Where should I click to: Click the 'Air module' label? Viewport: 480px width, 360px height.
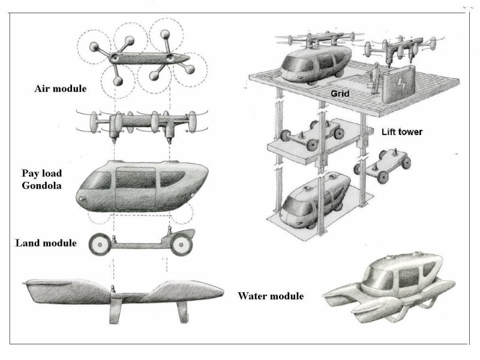point(61,89)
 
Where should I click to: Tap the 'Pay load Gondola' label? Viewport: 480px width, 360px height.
point(41,179)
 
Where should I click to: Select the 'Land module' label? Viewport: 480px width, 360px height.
point(46,243)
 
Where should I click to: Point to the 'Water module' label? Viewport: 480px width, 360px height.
point(271,296)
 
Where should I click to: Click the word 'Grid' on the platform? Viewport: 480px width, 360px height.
point(340,94)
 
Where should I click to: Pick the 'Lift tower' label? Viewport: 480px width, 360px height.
point(402,132)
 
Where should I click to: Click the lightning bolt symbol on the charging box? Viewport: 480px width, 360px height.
point(400,83)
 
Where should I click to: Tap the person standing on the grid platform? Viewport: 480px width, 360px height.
point(374,78)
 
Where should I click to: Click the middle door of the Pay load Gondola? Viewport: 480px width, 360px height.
point(136,187)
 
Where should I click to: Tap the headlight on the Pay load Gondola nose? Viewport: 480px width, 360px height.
point(82,199)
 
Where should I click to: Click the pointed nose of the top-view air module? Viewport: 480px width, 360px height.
point(187,58)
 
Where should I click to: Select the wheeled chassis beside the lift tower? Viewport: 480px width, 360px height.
point(382,166)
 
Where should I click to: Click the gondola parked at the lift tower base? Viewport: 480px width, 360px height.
point(316,200)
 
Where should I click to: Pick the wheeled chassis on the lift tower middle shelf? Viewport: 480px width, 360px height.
point(312,134)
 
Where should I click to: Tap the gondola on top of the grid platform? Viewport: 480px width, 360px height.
point(316,64)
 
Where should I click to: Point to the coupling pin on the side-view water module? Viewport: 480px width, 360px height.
point(113,289)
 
